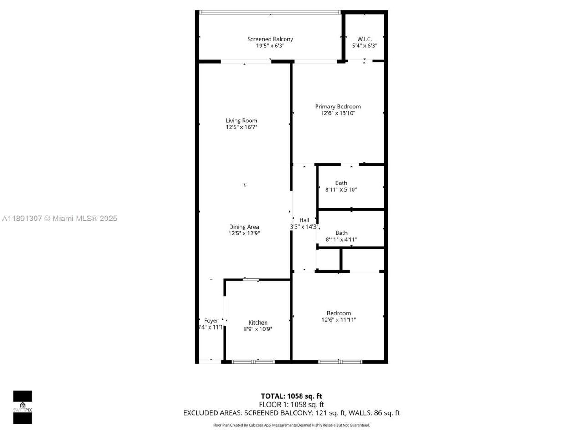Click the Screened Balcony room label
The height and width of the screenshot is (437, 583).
[270, 39]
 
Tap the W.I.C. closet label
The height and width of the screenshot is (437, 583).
[364, 39]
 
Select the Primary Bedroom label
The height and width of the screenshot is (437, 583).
[338, 107]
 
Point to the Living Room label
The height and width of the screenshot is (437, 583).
[241, 121]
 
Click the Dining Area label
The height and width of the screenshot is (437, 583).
[244, 227]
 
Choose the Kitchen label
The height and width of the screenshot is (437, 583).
[258, 323]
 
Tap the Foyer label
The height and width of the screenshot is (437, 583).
[211, 320]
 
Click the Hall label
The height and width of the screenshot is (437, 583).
[304, 220]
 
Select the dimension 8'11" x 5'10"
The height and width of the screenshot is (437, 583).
[341, 189]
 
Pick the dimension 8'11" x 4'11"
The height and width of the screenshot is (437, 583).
[341, 239]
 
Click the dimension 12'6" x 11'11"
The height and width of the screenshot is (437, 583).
[339, 320]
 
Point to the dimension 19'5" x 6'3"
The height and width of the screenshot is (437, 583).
[270, 46]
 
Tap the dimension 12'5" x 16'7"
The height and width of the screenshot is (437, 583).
[241, 127]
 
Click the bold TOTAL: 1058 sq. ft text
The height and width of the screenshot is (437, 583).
[291, 396]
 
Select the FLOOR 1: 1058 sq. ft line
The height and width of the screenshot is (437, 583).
[291, 404]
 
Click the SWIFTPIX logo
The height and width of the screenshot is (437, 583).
[22, 407]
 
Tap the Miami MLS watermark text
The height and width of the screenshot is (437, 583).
[60, 218]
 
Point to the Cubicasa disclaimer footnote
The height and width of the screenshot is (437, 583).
[291, 425]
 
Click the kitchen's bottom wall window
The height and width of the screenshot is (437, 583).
[254, 361]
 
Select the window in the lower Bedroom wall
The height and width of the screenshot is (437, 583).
[340, 361]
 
